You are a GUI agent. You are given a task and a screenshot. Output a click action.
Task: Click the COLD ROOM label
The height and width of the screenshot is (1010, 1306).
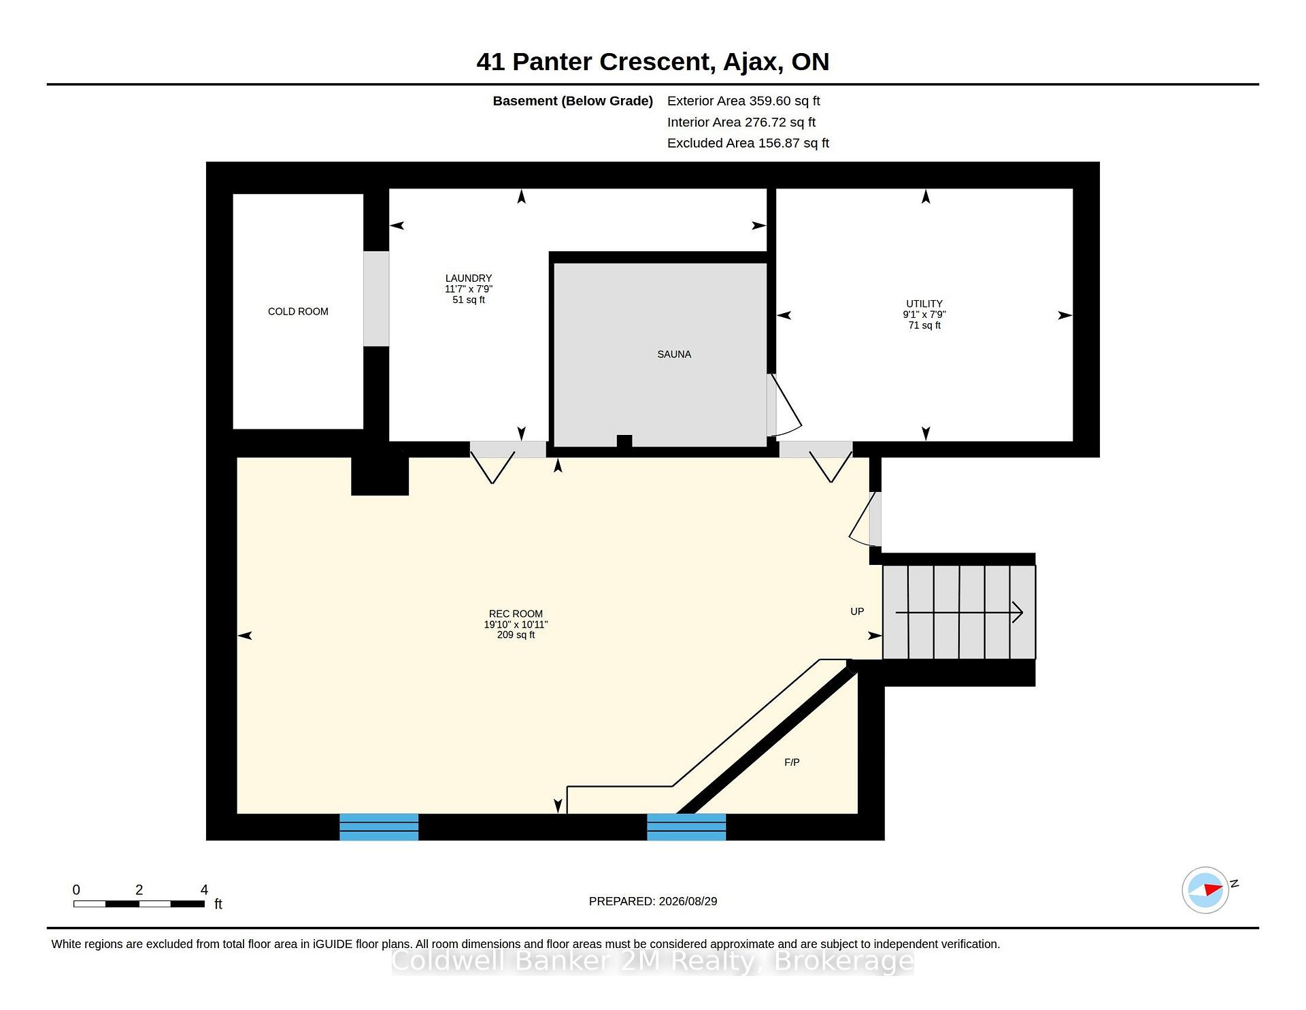coord(298,312)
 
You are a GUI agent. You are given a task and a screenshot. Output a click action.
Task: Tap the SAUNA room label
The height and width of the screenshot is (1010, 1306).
coord(674,355)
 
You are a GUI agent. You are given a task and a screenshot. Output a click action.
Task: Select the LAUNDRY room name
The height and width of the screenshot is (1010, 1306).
coord(469,278)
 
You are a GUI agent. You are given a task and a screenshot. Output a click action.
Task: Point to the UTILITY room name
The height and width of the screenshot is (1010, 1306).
coord(924,304)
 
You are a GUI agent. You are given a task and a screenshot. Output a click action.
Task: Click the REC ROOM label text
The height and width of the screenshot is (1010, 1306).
coord(516,614)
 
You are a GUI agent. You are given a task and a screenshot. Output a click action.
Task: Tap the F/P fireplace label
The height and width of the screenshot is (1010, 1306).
coord(792,763)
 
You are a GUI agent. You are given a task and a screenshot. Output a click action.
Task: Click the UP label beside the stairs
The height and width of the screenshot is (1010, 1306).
coord(857,612)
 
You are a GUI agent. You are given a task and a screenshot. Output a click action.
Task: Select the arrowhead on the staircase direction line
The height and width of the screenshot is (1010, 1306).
coord(1018,613)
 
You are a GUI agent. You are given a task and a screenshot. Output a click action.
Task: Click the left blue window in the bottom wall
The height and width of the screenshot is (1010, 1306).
coord(379,827)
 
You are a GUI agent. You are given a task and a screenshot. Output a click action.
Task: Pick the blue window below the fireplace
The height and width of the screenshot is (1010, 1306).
coord(686,827)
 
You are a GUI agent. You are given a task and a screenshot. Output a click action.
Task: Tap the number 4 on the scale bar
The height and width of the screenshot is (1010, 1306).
coord(204,890)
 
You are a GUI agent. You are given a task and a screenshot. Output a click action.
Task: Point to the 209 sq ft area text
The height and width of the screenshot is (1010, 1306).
coord(516,635)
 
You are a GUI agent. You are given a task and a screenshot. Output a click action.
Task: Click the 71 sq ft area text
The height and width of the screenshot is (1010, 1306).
coord(924,325)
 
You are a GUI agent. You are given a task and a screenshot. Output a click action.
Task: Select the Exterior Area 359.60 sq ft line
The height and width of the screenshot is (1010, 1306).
coord(743,101)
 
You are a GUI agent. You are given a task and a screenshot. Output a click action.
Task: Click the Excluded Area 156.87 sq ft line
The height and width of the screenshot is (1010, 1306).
coord(748,144)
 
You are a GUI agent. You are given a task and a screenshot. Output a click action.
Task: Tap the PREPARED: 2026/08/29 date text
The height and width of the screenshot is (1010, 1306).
coord(653,902)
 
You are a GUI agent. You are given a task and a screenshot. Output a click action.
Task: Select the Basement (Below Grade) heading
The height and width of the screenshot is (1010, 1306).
coord(573,101)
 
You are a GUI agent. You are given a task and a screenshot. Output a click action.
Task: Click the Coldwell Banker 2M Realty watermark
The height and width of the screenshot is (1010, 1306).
coord(653,962)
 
